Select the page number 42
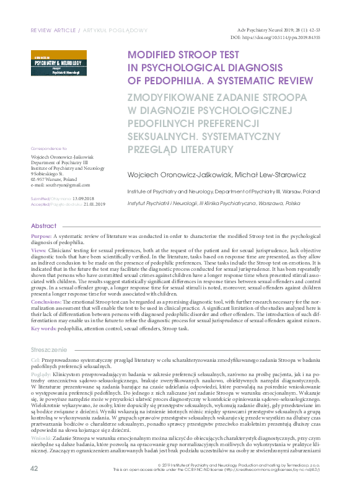tap(34, 485)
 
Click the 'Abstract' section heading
tap(43, 226)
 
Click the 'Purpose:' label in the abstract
tap(42, 237)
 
